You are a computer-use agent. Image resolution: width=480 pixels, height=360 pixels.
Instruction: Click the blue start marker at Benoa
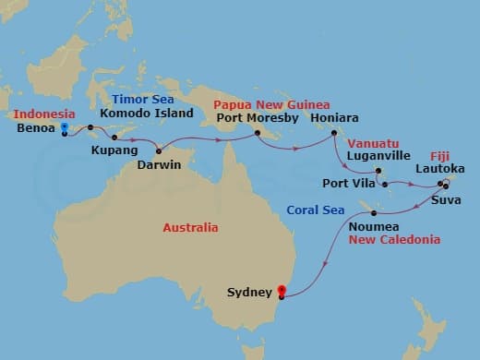64,129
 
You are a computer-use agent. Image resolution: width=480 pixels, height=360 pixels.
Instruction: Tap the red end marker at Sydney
281,294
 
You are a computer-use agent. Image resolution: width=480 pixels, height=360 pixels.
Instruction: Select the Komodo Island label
147,114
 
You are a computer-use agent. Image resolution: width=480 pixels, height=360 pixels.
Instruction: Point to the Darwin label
183,165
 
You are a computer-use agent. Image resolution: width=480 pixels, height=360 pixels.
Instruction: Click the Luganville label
379,157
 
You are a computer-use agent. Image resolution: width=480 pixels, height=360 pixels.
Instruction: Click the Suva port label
446,198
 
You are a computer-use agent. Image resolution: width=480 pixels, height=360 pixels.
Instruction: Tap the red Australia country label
190,227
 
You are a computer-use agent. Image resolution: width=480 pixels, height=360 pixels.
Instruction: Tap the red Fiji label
441,155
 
